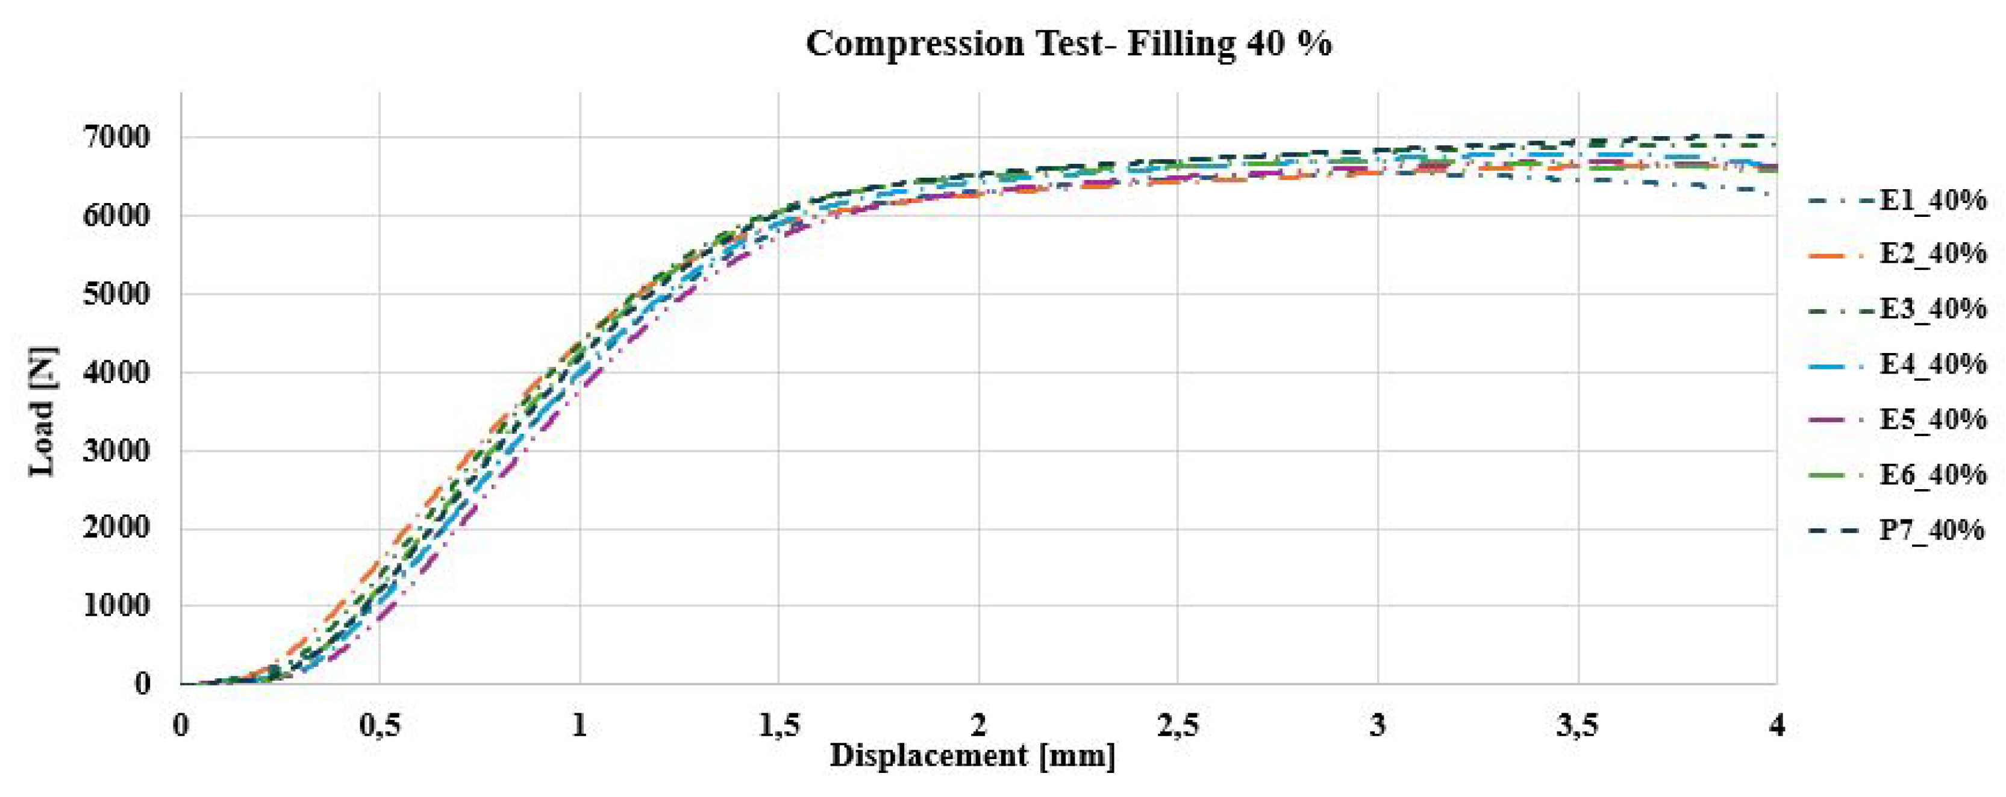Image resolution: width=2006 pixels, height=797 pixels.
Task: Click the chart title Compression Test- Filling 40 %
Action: [1069, 43]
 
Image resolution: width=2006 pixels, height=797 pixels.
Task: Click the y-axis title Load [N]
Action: [42, 411]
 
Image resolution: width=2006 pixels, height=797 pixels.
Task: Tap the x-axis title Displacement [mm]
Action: [973, 755]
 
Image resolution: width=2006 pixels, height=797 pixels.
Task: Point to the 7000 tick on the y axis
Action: [115, 138]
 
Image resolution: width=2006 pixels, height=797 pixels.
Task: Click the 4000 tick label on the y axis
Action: [115, 372]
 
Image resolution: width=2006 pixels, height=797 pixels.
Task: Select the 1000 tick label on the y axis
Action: [115, 606]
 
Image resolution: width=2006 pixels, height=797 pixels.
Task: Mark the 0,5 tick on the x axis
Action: [380, 726]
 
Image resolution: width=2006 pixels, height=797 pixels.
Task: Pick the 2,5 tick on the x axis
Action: [1178, 726]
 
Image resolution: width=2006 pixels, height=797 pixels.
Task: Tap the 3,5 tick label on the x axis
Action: [1577, 726]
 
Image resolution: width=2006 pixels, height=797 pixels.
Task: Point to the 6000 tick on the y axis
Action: [115, 216]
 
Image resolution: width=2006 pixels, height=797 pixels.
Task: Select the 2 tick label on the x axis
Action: [979, 726]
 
